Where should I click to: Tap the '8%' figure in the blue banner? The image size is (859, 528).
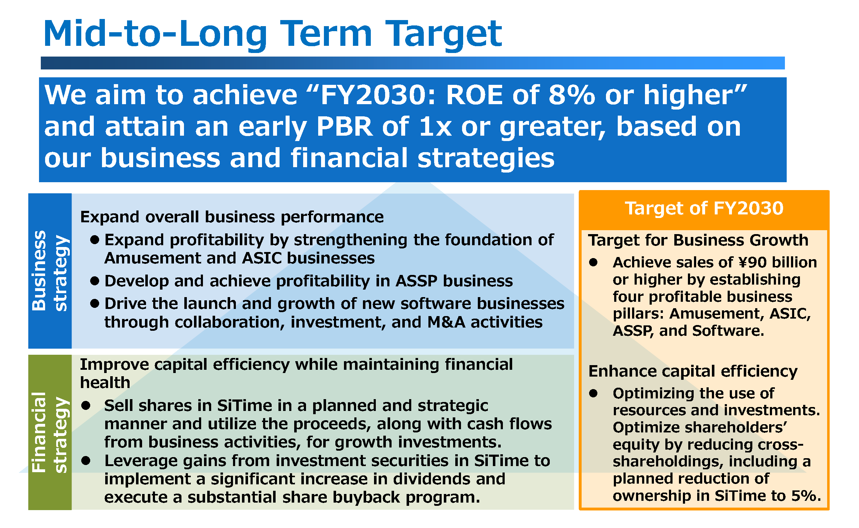pos(572,95)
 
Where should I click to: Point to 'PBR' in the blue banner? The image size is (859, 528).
pos(345,127)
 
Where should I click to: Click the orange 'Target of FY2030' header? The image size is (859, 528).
pos(704,208)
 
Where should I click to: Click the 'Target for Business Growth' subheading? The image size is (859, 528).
pos(698,240)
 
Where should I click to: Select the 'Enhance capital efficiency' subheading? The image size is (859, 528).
pos(693,372)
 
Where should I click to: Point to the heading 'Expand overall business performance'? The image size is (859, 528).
pos(232,217)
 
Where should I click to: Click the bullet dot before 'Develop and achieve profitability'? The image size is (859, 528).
pos(94,281)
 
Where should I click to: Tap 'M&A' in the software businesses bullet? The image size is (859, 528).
pos(446,322)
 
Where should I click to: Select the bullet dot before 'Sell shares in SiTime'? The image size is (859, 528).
pos(86,406)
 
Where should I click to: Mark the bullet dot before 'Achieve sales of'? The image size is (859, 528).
pos(593,262)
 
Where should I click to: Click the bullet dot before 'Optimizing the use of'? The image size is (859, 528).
pos(593,393)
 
